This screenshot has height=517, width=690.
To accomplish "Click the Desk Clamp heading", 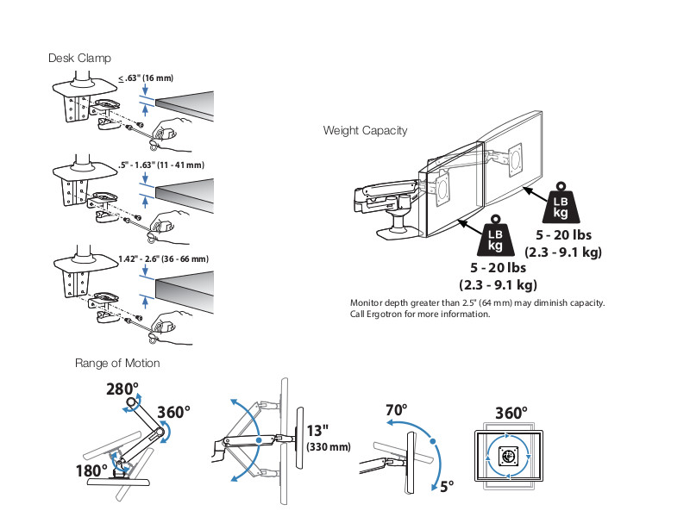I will [79, 58].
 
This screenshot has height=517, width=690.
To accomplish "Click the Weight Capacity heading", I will [366, 131].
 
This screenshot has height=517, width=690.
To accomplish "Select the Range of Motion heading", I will [117, 363].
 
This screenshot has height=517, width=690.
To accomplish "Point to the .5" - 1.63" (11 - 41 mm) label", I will [160, 165].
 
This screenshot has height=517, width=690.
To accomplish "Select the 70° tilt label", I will [396, 410].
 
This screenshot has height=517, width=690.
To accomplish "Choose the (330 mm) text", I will [329, 447].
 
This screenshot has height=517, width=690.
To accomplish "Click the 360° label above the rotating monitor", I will [511, 413].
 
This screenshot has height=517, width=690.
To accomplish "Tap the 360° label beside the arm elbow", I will [173, 412].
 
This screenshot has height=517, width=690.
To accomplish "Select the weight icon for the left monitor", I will [496, 233].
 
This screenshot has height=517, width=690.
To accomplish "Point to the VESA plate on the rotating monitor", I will [508, 456].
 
